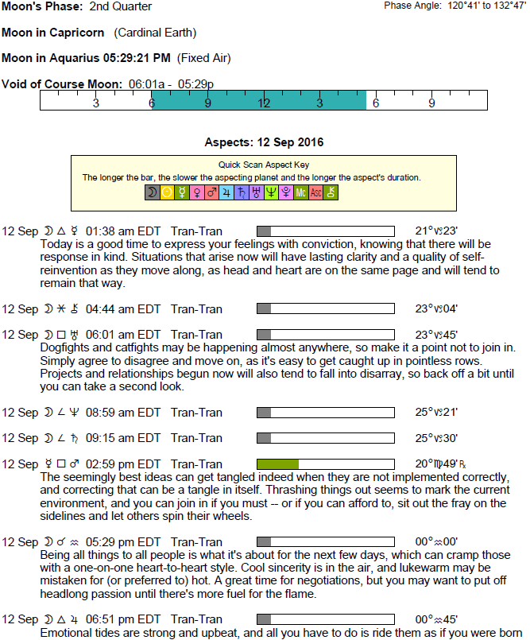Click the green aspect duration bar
point(277,464)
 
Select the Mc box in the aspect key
point(300,192)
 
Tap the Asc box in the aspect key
point(315,192)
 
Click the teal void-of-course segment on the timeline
point(259,101)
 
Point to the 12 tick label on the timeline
point(265,103)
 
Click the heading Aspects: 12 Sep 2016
point(264,143)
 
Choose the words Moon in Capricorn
point(54,33)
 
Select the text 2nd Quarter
point(121,7)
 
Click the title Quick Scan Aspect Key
point(264,164)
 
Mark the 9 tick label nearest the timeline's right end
point(432,103)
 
